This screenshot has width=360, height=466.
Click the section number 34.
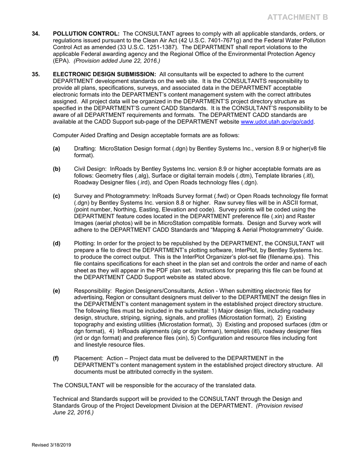click(35, 34)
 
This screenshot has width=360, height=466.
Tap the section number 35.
click(35, 74)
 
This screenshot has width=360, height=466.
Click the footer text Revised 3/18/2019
click(51, 445)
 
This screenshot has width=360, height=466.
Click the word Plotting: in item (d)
click(86, 243)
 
